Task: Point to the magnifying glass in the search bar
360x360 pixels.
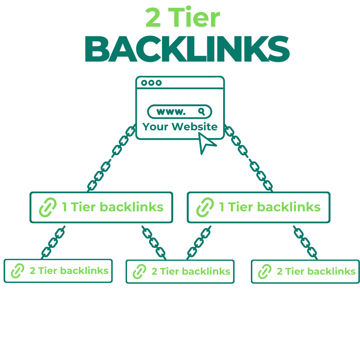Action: pyautogui.click(x=202, y=111)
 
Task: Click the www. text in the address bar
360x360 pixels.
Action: pyautogui.click(x=171, y=112)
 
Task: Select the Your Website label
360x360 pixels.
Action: pyautogui.click(x=180, y=127)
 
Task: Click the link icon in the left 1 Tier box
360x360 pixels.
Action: pyautogui.click(x=48, y=207)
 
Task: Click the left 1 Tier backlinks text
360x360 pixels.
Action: pyautogui.click(x=113, y=207)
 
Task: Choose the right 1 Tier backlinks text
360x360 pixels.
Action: pyautogui.click(x=270, y=207)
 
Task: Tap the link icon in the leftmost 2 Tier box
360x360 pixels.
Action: pyautogui.click(x=18, y=271)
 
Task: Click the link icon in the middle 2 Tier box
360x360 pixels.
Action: pyautogui.click(x=139, y=271)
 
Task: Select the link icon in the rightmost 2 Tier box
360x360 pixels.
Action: pyautogui.click(x=265, y=271)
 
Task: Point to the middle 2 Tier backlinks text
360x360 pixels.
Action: pyautogui.click(x=191, y=271)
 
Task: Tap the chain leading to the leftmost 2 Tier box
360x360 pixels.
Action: pyautogui.click(x=53, y=242)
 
